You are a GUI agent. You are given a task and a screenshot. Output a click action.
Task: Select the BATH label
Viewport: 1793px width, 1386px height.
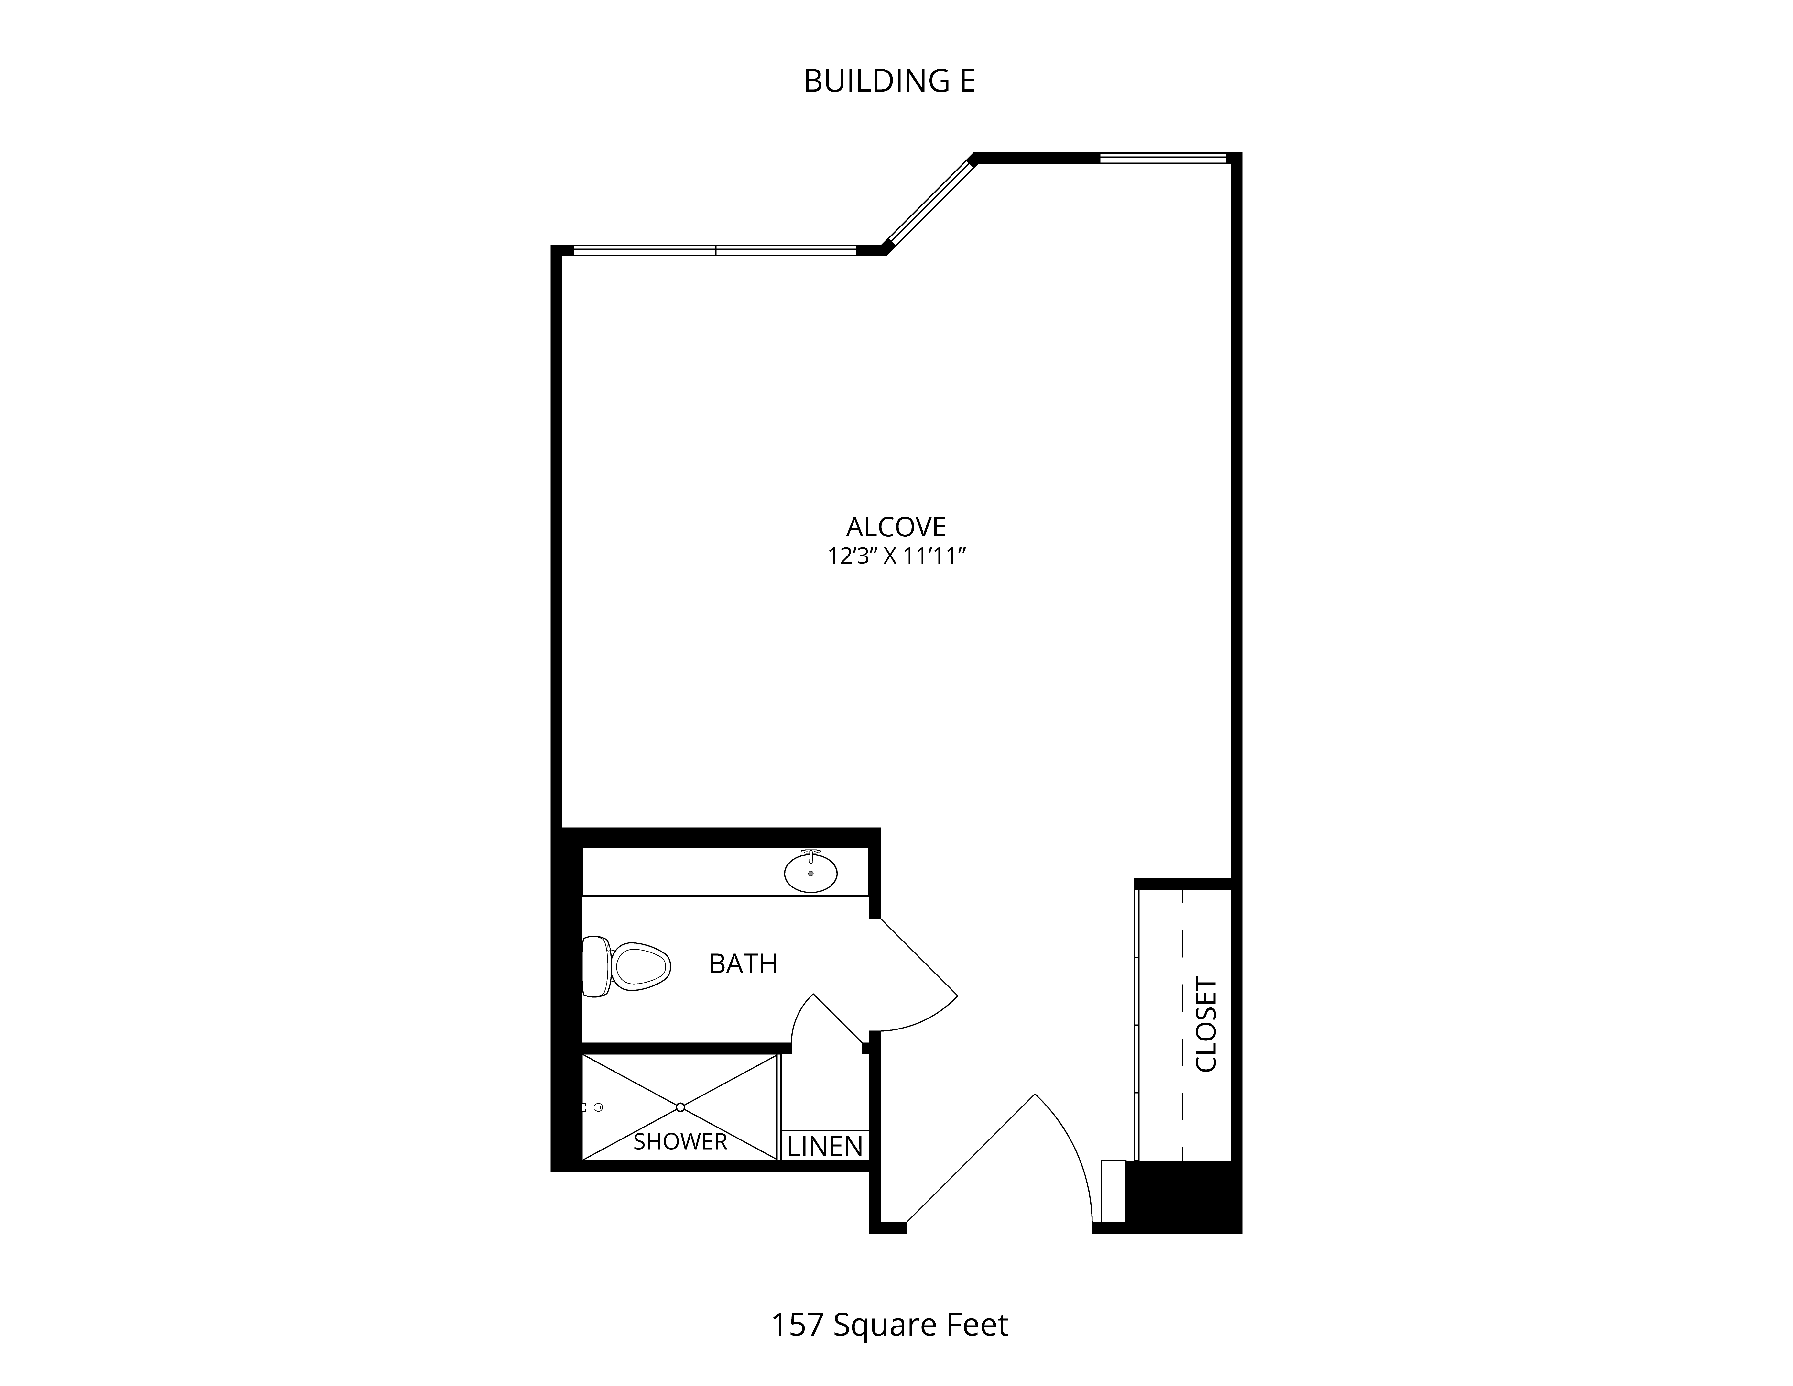[743, 963]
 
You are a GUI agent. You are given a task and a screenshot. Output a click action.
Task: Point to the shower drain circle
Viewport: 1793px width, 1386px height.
[680, 1107]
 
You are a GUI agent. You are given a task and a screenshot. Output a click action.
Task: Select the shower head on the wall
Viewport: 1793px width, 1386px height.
[592, 1107]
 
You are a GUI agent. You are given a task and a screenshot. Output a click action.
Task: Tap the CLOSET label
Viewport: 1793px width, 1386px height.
[1206, 1024]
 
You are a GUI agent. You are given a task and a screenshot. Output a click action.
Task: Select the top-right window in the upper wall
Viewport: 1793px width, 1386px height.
[1163, 158]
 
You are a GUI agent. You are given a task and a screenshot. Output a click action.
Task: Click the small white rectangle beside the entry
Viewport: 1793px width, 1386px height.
[1113, 1191]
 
